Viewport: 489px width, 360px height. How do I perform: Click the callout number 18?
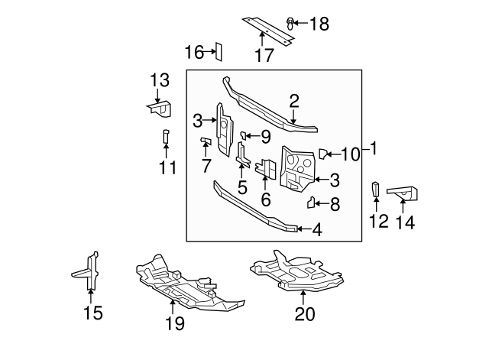point(319,24)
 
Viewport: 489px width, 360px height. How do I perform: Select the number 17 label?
point(264,55)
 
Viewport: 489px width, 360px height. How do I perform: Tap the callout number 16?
point(194,52)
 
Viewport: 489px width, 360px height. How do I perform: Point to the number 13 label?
point(159,80)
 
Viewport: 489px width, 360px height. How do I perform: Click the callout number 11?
point(167,167)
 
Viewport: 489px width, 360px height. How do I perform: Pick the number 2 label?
point(294,101)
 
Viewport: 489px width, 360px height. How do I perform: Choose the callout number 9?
point(265,137)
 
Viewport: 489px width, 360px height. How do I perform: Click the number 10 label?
point(349,154)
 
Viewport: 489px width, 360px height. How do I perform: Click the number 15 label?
point(92,313)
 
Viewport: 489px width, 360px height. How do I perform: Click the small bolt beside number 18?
point(291,22)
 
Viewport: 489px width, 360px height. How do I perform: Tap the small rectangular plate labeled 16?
point(217,51)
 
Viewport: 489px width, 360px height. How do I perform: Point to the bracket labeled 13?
point(160,109)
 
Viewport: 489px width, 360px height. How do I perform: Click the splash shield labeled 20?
point(294,275)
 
